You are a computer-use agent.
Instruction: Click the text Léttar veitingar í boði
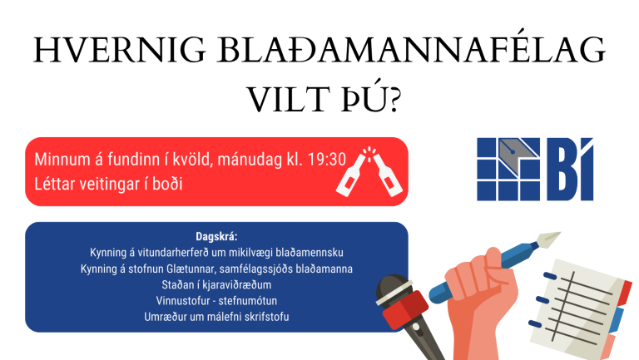(108, 183)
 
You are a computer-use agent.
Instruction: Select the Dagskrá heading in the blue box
(216, 236)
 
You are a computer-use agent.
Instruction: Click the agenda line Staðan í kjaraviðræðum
(216, 285)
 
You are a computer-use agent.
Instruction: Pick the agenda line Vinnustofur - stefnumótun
(216, 301)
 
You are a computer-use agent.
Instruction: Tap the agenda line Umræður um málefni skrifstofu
(216, 317)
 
